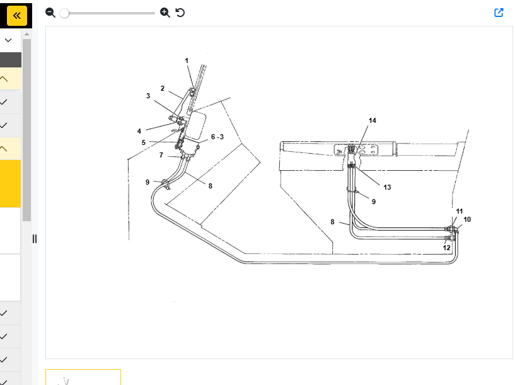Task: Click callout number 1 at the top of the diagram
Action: [x=187, y=60]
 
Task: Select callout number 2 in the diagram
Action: [x=162, y=88]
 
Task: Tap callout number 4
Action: [x=139, y=131]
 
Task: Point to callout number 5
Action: [x=144, y=142]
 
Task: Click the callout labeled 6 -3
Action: [x=217, y=137]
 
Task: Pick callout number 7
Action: [x=161, y=155]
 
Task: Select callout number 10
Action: [x=467, y=219]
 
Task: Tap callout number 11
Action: [x=460, y=211]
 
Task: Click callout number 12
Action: [x=446, y=248]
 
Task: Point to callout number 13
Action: [x=387, y=187]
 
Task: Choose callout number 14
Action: [x=372, y=120]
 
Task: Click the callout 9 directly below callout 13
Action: [x=373, y=202]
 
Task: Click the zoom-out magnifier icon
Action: [x=50, y=13]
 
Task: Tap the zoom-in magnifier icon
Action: [x=165, y=13]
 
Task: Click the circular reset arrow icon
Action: [x=180, y=13]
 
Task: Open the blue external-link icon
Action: [x=499, y=13]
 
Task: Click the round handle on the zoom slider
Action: [x=64, y=13]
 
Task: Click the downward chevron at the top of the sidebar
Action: [x=8, y=40]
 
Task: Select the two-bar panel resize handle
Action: [x=35, y=239]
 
